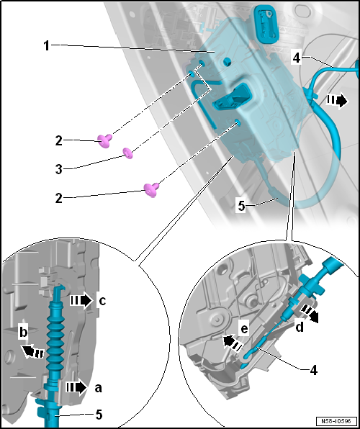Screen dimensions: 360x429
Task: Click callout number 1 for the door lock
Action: tap(47, 46)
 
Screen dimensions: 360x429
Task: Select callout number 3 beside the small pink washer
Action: tap(59, 169)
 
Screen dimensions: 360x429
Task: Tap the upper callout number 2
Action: tap(59, 142)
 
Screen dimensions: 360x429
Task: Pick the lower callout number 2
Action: tap(59, 199)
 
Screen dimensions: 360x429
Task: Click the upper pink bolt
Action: tap(105, 140)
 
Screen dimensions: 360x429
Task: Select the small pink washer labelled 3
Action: tap(128, 153)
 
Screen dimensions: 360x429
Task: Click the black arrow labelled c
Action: tap(81, 301)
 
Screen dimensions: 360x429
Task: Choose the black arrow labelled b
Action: tap(32, 351)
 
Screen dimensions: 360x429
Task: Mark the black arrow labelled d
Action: tap(310, 314)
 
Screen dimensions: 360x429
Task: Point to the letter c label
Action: tap(102, 302)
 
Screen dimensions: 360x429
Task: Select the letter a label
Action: tap(98, 388)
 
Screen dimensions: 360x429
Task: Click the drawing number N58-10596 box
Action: tap(337, 420)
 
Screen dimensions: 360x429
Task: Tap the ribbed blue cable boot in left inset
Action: tap(57, 342)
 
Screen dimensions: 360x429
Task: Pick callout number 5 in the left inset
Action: tap(99, 415)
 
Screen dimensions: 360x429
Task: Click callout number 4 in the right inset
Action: tap(314, 370)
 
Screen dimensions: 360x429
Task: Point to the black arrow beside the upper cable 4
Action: tap(337, 101)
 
